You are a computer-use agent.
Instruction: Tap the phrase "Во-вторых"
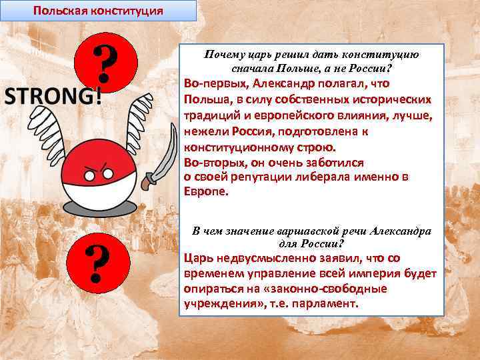click(215, 162)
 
